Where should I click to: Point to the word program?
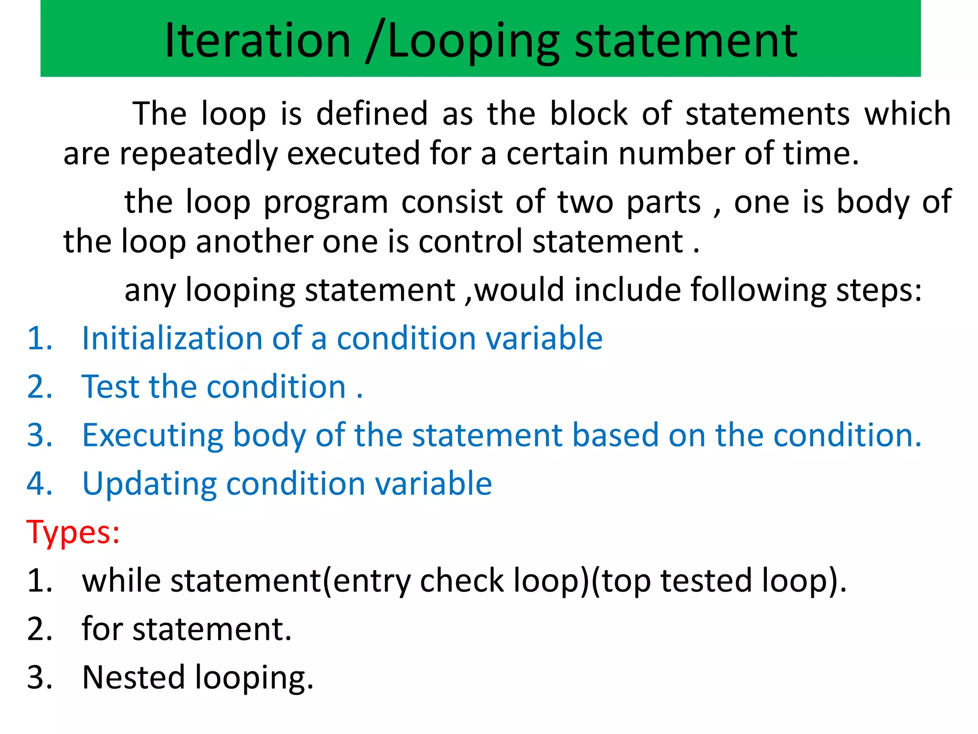[326, 203]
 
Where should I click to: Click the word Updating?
[149, 484]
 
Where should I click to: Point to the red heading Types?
[73, 532]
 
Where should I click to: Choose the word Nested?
[133, 678]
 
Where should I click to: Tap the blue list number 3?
[39, 435]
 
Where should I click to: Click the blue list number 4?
[39, 484]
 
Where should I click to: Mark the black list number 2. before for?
[39, 629]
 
